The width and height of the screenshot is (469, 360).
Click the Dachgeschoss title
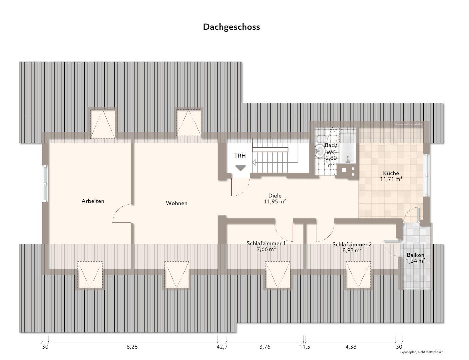232,27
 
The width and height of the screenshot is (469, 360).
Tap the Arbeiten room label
93,201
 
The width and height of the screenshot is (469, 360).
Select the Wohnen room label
177,203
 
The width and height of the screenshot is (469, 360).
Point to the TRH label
240,156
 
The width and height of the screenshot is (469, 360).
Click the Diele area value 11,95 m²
275,201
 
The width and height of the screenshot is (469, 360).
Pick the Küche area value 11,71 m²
391,179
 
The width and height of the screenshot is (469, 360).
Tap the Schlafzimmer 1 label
266,243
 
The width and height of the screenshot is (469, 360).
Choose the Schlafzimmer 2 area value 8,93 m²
352,250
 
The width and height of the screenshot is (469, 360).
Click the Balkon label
415,255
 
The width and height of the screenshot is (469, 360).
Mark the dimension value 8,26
132,347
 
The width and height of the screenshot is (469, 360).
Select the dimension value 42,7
222,347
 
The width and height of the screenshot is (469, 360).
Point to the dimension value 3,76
265,347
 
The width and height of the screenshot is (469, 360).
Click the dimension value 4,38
351,347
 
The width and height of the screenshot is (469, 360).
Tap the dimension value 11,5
304,347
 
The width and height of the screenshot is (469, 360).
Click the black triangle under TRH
240,168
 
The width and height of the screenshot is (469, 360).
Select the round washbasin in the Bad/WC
320,151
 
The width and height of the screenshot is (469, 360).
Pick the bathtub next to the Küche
348,149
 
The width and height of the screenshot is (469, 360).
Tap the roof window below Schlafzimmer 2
358,274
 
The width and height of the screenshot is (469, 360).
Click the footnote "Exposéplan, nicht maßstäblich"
421,352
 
